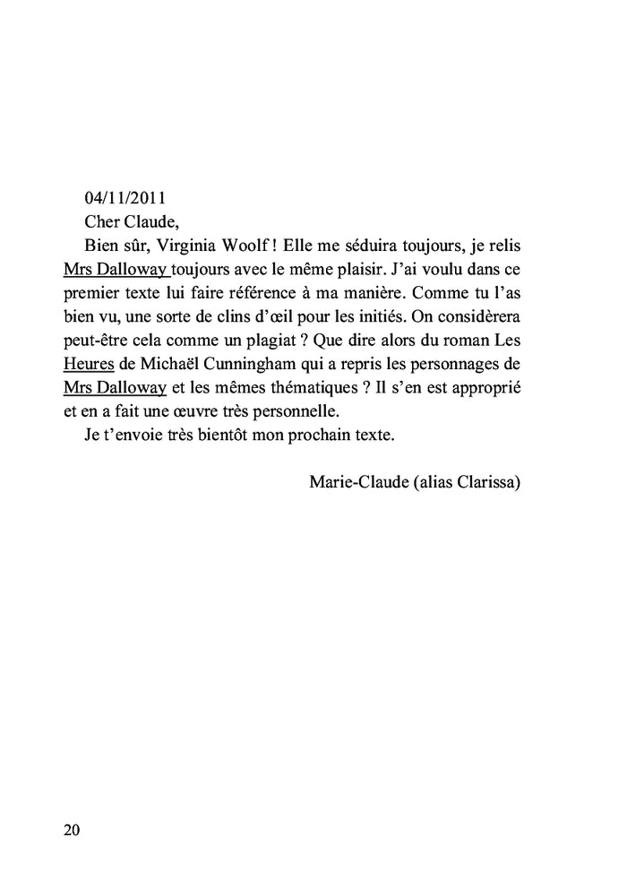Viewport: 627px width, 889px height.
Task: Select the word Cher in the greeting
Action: click(101, 221)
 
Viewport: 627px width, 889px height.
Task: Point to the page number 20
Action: click(72, 830)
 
